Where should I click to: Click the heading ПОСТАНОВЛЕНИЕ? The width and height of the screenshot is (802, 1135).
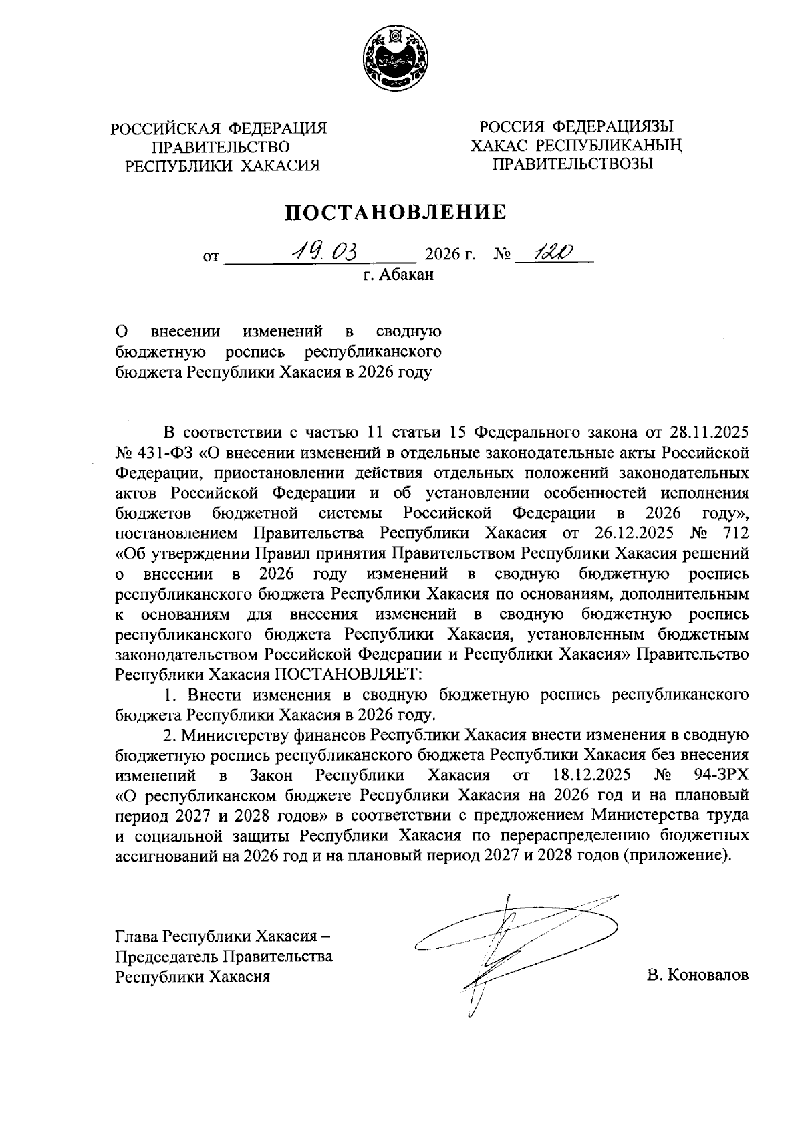click(396, 212)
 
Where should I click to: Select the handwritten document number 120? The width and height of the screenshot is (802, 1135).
click(547, 252)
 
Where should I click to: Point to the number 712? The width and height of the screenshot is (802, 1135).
click(733, 534)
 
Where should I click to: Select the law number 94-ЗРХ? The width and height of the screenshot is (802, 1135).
click(723, 775)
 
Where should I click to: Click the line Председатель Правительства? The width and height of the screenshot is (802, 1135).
click(224, 956)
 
